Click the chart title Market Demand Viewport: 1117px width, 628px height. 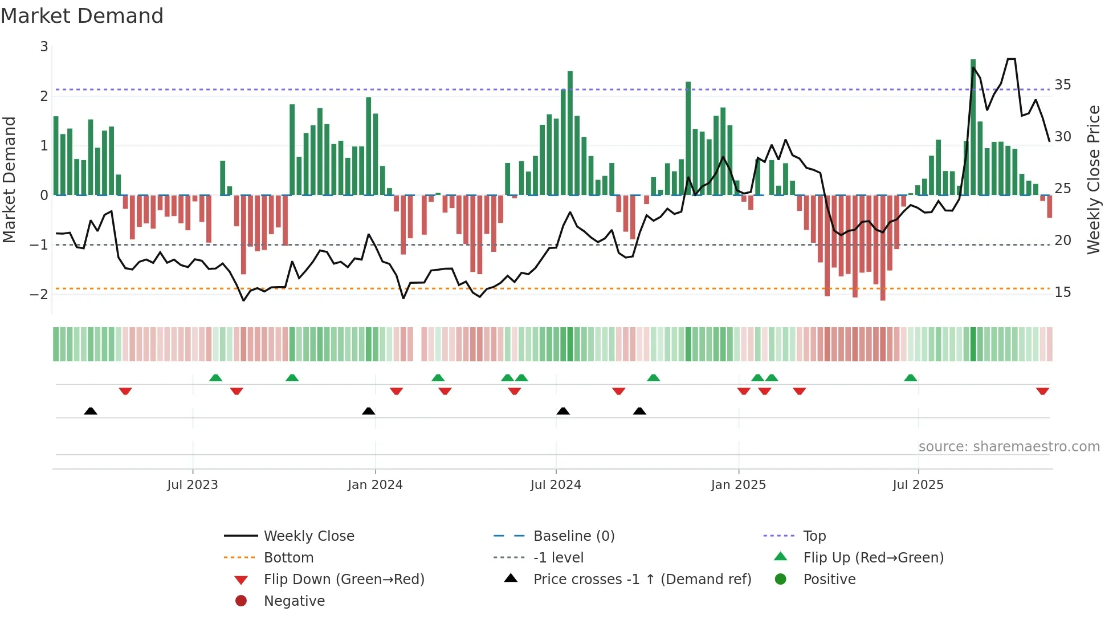coord(82,16)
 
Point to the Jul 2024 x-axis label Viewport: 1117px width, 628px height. coord(556,485)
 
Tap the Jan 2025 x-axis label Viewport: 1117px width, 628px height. coord(739,485)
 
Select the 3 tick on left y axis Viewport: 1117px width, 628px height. coord(44,47)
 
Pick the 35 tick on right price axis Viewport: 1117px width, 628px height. coord(1062,85)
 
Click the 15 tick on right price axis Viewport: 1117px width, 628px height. coord(1062,292)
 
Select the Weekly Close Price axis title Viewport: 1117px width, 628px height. coord(1093,180)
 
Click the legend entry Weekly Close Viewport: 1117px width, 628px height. coord(308,536)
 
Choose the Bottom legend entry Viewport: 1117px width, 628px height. coord(288,558)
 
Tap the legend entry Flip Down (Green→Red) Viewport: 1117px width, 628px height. coord(344,580)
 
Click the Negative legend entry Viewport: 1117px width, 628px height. coord(294,601)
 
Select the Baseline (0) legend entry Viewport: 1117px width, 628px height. coord(573,536)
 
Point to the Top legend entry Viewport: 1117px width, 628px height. coord(814,536)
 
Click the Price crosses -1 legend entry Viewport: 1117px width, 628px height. coord(642,580)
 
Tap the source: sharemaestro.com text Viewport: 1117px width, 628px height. coord(1009,447)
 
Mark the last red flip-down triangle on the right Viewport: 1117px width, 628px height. coord(1042,392)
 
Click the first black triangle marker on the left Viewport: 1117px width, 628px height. coord(91,411)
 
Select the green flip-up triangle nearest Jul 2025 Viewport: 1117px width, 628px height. coord(910,378)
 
